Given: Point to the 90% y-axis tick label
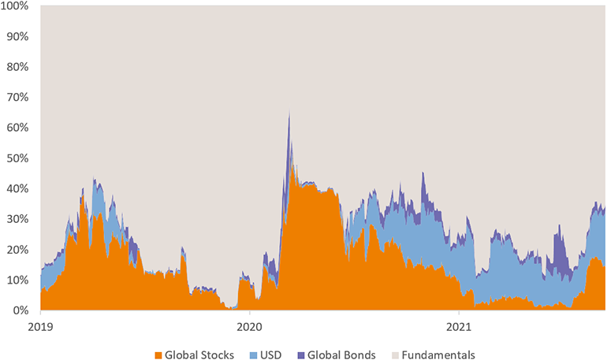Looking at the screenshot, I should pos(17,36).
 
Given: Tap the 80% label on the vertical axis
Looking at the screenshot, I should pos(17,67).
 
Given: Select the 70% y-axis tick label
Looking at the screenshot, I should pos(17,98).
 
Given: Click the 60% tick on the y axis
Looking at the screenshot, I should pos(17,128).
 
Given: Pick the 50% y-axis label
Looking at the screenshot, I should pos(17,158).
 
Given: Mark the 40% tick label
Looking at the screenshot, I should pos(17,189).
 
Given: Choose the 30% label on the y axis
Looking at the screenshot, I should pos(17,219).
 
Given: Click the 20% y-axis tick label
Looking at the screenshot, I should pos(17,250).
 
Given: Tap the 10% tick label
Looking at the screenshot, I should pos(17,280).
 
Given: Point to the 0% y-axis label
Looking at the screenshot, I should pos(20,310).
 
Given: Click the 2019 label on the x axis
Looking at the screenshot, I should pos(40,325).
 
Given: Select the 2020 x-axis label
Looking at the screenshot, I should pos(250,325).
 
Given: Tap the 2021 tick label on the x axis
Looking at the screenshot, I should pos(460,325).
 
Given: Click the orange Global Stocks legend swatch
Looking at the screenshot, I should pos(159,354).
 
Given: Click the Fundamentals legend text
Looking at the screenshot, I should pos(438,354).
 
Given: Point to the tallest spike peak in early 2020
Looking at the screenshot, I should pos(289,113).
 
